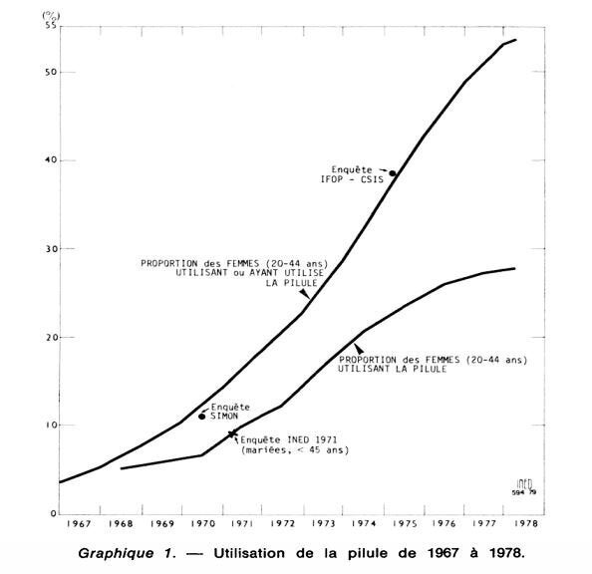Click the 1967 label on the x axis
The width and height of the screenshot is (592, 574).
tap(79, 524)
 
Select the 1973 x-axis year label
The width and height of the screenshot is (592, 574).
tap(323, 524)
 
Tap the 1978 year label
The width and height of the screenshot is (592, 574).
tap(525, 524)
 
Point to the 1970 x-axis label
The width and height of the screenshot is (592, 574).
tap(202, 524)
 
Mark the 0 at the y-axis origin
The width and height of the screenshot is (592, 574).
tap(53, 513)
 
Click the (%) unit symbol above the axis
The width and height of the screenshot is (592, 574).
tap(51, 16)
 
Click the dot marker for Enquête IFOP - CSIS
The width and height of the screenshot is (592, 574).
tap(393, 173)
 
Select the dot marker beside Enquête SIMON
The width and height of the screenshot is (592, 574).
tap(202, 417)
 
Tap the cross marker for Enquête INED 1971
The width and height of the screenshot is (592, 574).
tap(232, 433)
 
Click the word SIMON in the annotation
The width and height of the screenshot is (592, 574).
tap(224, 417)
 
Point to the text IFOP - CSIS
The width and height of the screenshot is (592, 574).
tap(352, 179)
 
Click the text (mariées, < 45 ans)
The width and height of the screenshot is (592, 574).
tap(295, 450)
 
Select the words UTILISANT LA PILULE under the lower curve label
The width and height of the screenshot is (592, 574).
tap(392, 369)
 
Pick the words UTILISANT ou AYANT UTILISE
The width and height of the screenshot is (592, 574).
tap(249, 273)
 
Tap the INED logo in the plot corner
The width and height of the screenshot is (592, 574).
tap(524, 486)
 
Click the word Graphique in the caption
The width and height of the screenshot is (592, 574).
tap(116, 554)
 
